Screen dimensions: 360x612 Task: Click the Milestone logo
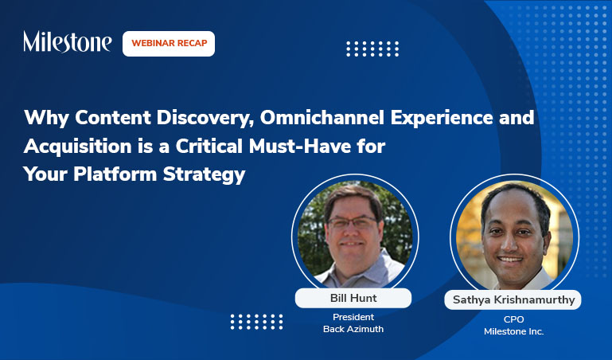[x=67, y=42]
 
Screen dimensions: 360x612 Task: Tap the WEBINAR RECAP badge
[x=169, y=43]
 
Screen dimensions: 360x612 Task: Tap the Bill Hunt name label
[x=353, y=298]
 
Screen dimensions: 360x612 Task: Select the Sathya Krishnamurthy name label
[x=514, y=300]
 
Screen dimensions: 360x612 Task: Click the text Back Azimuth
[x=353, y=329]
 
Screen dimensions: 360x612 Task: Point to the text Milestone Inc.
[x=514, y=331]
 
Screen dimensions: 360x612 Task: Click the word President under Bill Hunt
[x=353, y=317]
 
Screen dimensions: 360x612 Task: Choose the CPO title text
[x=514, y=319]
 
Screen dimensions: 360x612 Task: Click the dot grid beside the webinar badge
[x=372, y=49]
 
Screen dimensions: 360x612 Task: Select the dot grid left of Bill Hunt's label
[x=256, y=321]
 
